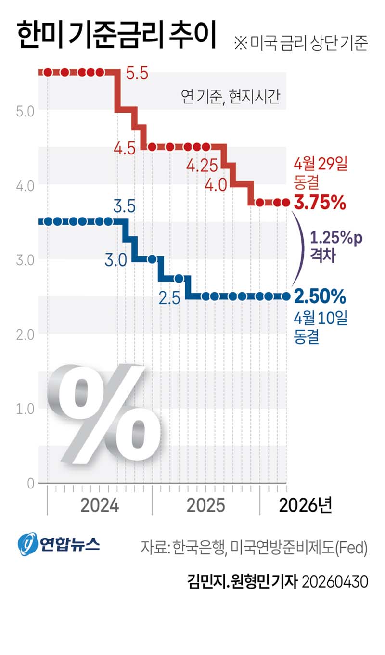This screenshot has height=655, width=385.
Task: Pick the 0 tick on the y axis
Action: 30,484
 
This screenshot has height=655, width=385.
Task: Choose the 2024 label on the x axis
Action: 100,506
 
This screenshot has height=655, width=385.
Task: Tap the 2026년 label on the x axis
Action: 305,506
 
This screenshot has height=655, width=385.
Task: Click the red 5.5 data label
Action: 137,74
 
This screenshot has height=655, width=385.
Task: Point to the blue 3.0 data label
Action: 115,261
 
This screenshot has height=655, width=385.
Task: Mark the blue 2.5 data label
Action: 169,298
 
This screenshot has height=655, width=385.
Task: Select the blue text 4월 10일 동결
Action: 320,327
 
